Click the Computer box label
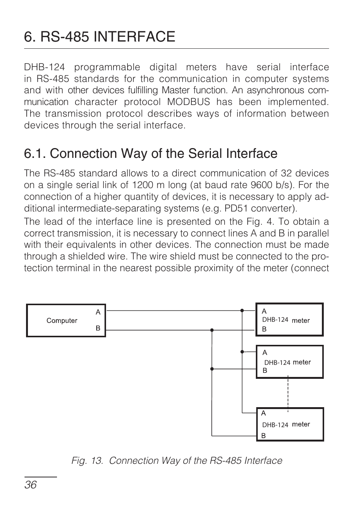(x=62, y=321)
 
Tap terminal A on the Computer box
(x=98, y=312)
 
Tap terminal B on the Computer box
(x=98, y=328)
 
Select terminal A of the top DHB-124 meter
(x=264, y=311)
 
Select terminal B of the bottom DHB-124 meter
(x=263, y=435)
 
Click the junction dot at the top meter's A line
(x=242, y=310)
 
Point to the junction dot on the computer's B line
(x=212, y=330)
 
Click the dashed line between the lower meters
(x=288, y=393)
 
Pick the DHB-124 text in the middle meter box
(x=277, y=363)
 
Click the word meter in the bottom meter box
(x=301, y=424)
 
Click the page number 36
(x=31, y=485)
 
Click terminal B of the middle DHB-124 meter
(x=265, y=371)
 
